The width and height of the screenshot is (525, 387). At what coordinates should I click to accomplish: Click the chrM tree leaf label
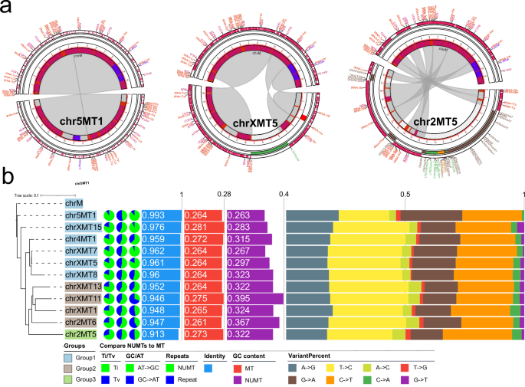74,204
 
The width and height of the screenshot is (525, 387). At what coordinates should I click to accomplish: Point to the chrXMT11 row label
83,297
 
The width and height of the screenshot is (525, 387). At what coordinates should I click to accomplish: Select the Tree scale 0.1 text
29,195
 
